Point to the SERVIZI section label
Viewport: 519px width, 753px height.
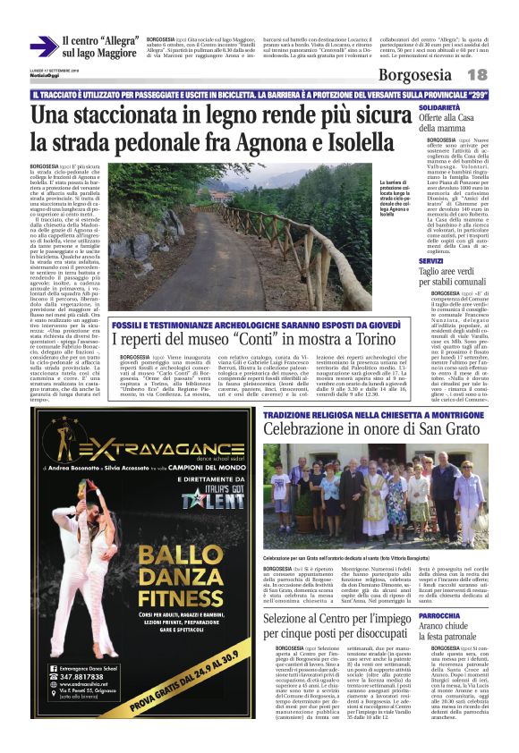(431, 260)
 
